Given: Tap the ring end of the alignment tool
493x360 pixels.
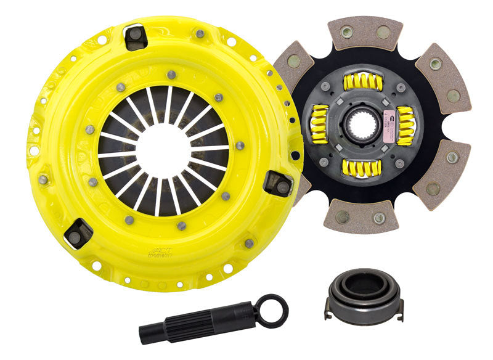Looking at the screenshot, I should [271, 309].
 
